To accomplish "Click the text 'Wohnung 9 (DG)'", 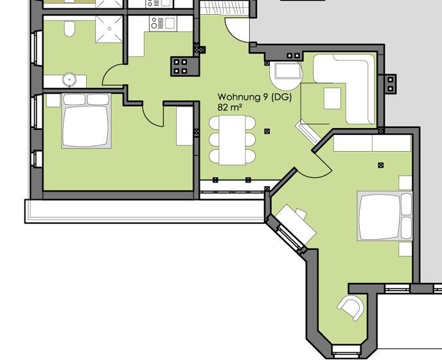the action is point(254,97).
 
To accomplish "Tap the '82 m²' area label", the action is point(230,107).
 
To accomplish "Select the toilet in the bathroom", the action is point(69,28).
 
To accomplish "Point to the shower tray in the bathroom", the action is point(109,29).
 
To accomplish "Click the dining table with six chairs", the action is point(233,140).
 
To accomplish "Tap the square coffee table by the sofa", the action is point(332,98).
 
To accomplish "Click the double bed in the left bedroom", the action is point(86,121).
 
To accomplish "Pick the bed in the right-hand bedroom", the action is point(385,216).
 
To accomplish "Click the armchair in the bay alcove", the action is point(351,307).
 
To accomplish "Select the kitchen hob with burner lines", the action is point(157,23).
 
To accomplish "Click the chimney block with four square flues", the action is point(181,66).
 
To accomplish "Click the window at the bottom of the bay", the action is point(346,350).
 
